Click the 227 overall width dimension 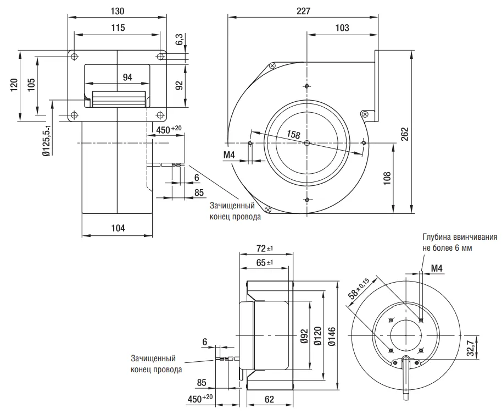click(x=304, y=11)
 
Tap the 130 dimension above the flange click(x=117, y=11)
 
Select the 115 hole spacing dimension click(x=118, y=28)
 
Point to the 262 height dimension click(x=404, y=134)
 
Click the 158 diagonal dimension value click(x=293, y=134)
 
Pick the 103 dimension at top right click(x=342, y=28)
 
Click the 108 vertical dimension click(x=387, y=178)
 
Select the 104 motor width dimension click(x=118, y=228)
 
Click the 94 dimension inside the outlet click(x=127, y=78)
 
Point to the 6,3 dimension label click(x=179, y=39)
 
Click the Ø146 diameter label click(x=332, y=337)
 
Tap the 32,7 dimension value click(x=470, y=348)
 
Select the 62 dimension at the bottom click(x=269, y=399)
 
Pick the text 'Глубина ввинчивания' click(x=460, y=237)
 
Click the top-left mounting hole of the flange click(x=74, y=57)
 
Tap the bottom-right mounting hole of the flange click(x=160, y=115)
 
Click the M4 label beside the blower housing click(x=229, y=155)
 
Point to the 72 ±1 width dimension click(x=264, y=249)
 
